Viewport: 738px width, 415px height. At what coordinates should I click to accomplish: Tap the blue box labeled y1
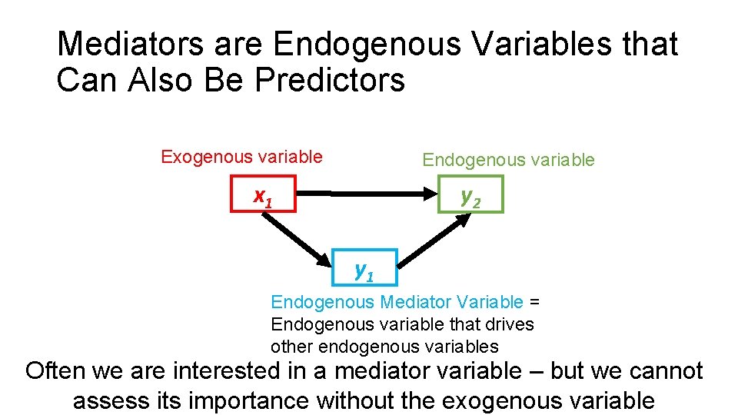click(x=364, y=267)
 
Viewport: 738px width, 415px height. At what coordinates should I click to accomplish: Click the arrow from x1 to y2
click(x=369, y=194)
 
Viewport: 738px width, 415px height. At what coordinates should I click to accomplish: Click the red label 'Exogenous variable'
click(x=241, y=158)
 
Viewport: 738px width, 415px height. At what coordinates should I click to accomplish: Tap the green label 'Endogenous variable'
click(x=508, y=160)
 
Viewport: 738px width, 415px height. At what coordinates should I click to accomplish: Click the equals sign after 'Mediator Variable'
click(x=535, y=302)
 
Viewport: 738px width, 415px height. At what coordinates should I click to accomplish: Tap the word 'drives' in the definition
click(x=512, y=324)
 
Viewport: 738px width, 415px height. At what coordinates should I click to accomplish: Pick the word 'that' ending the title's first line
click(x=651, y=45)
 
